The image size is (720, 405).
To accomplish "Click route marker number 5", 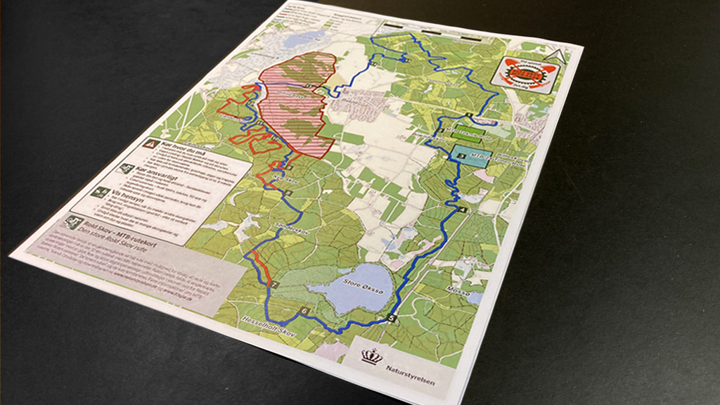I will click(391, 319).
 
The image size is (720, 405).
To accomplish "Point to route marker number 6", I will click(304, 310).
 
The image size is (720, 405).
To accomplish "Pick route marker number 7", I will click(275, 284).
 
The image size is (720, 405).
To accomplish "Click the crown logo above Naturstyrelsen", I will click(372, 356).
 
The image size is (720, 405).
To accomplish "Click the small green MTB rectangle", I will click(465, 131).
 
